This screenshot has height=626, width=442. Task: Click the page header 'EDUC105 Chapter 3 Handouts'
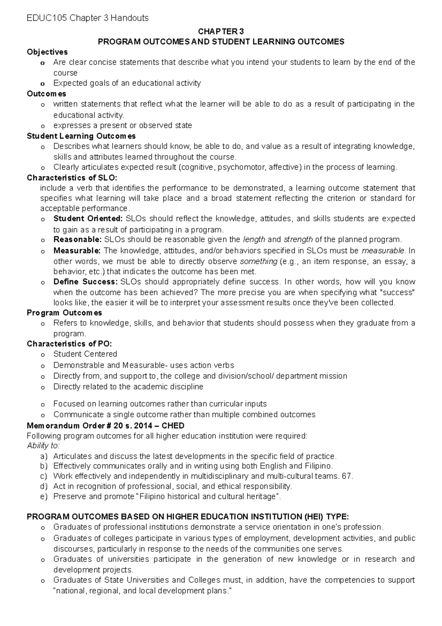click(x=88, y=18)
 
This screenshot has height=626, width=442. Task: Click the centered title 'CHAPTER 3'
click(x=221, y=31)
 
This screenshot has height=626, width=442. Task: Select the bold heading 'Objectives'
click(x=47, y=52)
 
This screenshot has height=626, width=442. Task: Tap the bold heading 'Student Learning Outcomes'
click(x=81, y=136)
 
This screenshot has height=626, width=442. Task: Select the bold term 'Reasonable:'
click(x=77, y=240)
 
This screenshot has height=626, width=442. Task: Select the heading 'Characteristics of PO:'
click(x=69, y=344)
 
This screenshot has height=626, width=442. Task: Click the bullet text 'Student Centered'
click(x=85, y=354)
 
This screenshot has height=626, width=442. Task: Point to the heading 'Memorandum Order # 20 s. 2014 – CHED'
click(x=106, y=426)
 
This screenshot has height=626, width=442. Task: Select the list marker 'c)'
click(x=44, y=476)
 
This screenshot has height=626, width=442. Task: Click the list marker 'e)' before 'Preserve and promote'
click(x=44, y=497)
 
